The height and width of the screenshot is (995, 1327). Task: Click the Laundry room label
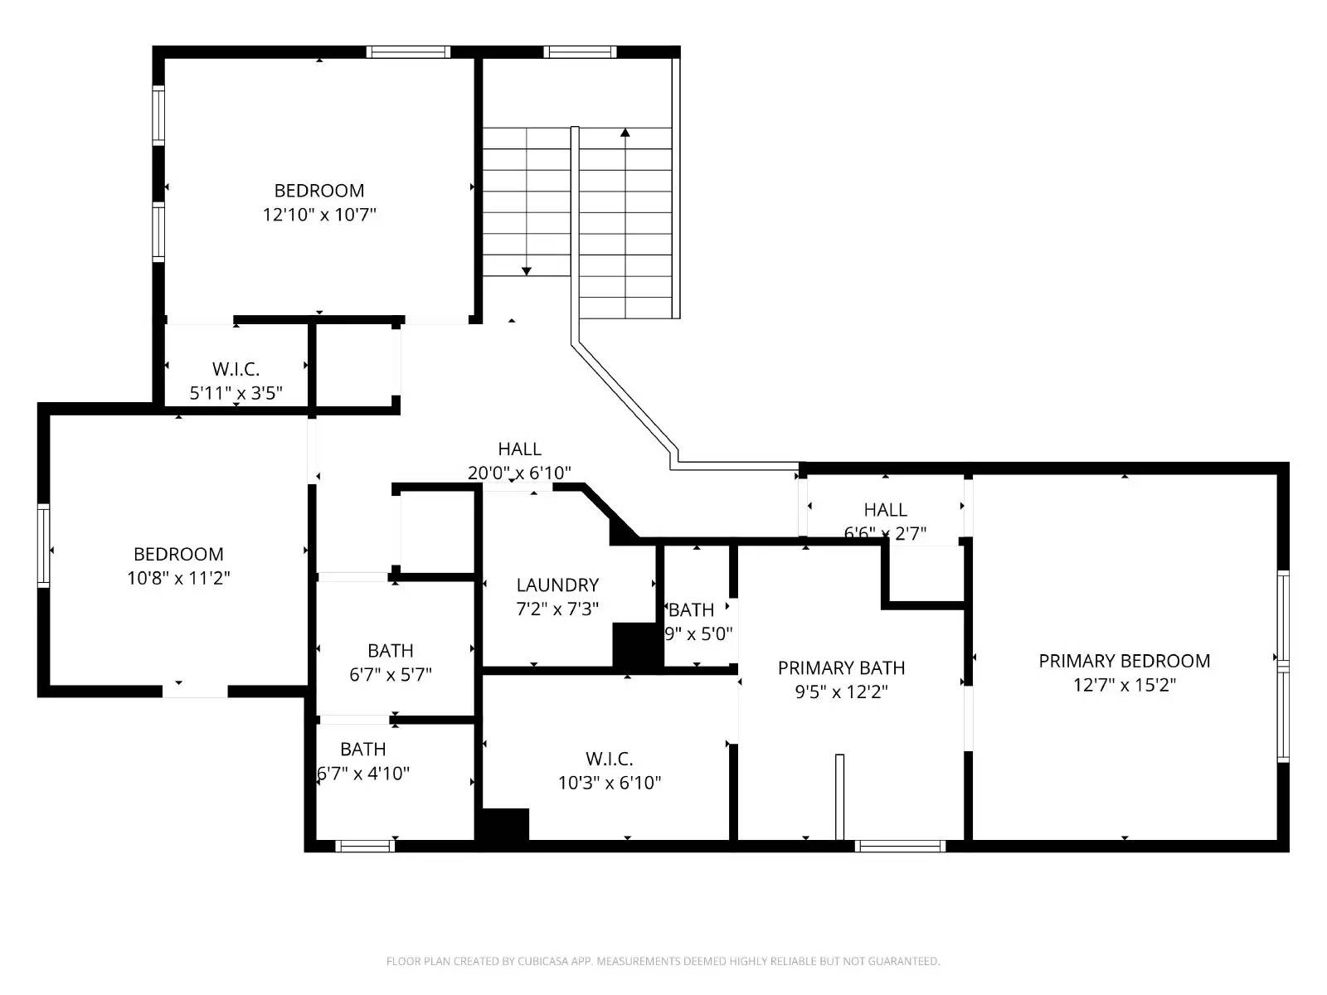point(557,585)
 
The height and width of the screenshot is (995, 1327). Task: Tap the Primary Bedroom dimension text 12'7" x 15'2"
point(1124,685)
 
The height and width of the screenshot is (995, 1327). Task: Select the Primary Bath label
point(841,667)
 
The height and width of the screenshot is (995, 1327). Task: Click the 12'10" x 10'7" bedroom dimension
point(319,215)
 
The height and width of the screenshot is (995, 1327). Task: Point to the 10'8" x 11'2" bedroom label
point(178,554)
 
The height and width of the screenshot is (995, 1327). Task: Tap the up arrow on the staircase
point(625,133)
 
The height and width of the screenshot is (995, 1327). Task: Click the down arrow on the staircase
point(527,270)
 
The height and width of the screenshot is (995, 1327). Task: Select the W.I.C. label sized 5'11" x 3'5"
point(236,369)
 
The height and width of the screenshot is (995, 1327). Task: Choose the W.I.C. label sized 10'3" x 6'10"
point(610,759)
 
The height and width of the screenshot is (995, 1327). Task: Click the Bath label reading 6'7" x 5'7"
point(391,651)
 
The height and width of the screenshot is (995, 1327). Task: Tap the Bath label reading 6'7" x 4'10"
point(363,750)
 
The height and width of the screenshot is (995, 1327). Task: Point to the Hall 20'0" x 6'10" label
point(520,449)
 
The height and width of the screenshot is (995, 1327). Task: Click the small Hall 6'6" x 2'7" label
point(885,510)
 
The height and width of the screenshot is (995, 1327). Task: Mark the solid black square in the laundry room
point(634,644)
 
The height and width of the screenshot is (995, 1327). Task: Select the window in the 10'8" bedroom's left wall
point(43,545)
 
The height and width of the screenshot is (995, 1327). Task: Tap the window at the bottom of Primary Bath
point(900,846)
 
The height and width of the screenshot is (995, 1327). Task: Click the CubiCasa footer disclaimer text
point(663,961)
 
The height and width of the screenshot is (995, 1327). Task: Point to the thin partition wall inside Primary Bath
point(839,796)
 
